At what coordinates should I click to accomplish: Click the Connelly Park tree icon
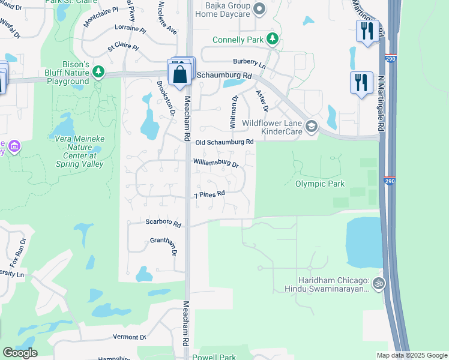(x=273, y=40)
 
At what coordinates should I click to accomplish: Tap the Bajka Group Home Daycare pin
(x=259, y=9)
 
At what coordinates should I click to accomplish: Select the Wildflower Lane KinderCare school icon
(x=311, y=127)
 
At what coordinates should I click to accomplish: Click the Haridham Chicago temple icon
(x=378, y=283)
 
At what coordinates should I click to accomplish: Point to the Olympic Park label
(x=321, y=184)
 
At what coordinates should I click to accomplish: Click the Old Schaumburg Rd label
(x=225, y=142)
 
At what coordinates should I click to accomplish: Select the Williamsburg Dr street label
(x=215, y=163)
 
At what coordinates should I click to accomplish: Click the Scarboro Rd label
(x=163, y=223)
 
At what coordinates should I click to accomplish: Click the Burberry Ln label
(x=250, y=62)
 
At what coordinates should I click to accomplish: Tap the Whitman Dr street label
(x=234, y=110)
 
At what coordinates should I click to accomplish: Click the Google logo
(x=20, y=353)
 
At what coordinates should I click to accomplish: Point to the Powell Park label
(x=214, y=357)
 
